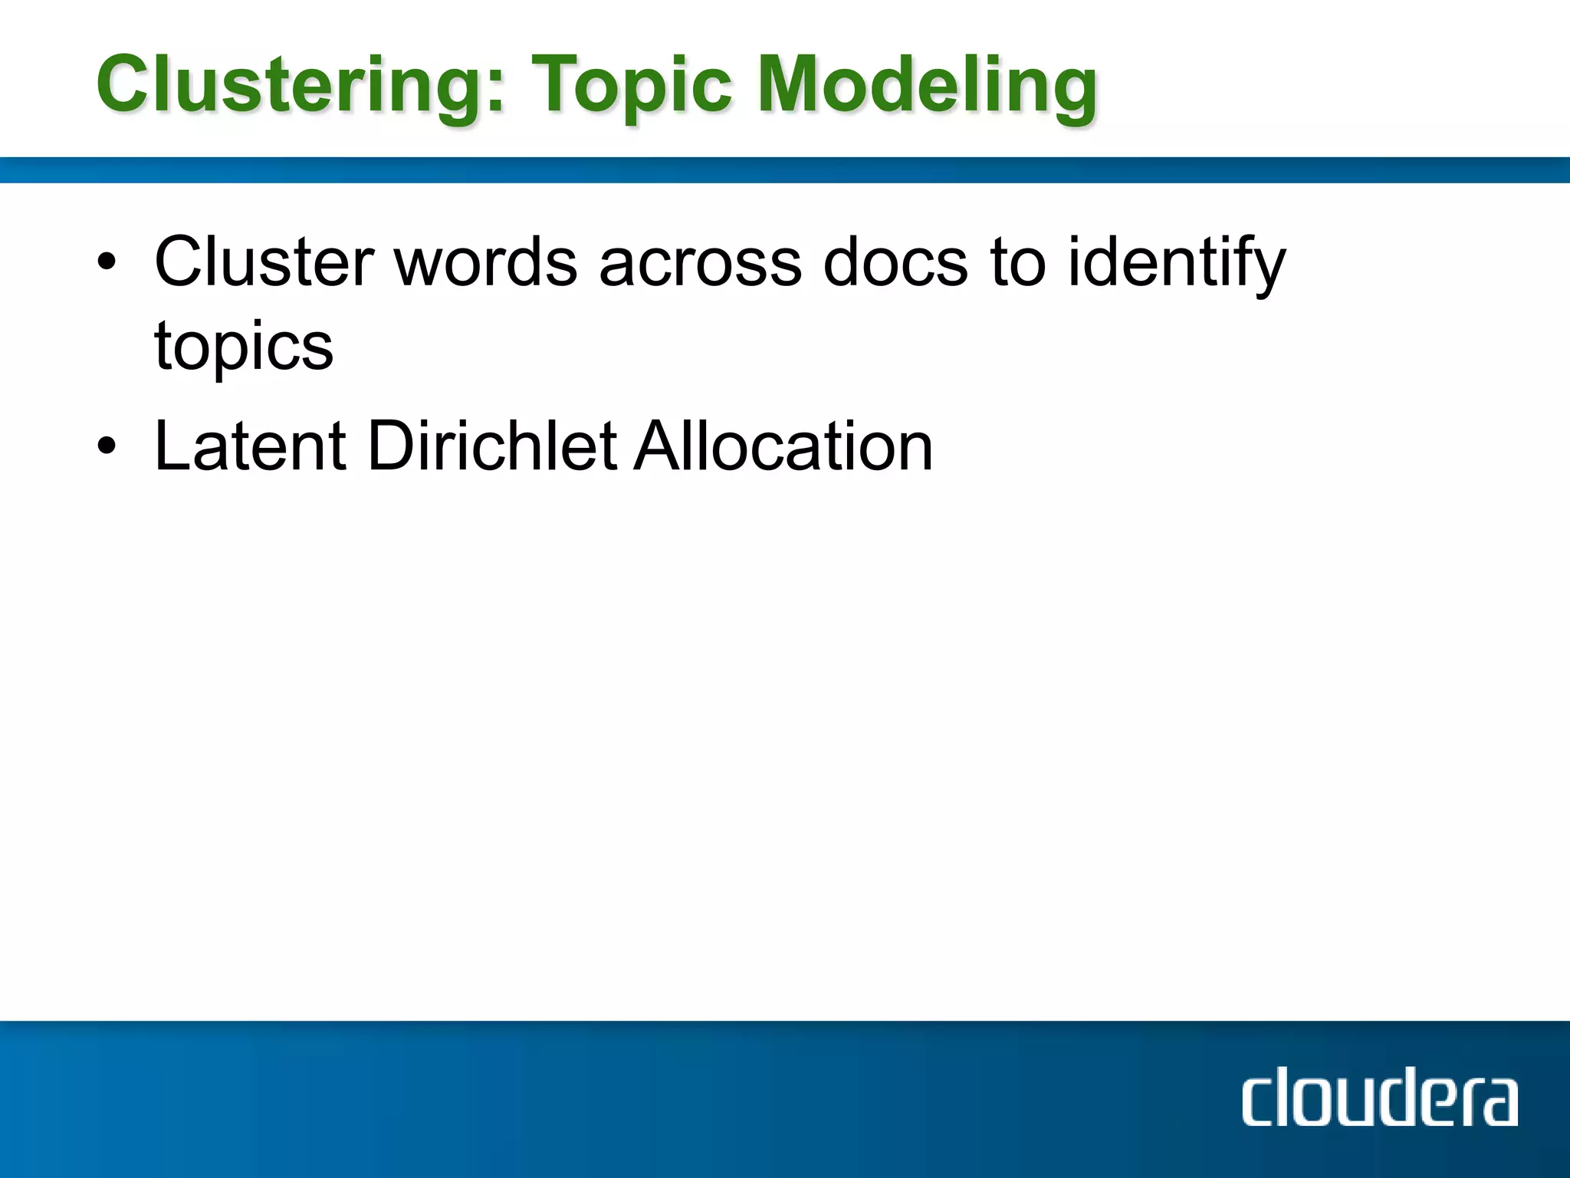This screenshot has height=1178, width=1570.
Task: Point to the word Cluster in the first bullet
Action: [x=264, y=262]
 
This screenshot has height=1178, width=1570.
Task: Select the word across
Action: [x=700, y=262]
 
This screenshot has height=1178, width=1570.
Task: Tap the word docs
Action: [x=895, y=262]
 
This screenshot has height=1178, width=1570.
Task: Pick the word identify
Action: [x=1176, y=262]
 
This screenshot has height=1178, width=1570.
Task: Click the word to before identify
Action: [x=1018, y=262]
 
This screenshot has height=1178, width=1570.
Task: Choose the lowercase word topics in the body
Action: [x=244, y=345]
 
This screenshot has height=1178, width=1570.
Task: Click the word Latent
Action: [x=250, y=446]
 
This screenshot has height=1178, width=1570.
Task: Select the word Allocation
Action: [x=783, y=446]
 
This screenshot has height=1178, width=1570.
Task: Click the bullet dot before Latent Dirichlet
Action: [x=107, y=446]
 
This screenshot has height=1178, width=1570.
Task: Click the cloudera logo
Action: [x=1379, y=1101]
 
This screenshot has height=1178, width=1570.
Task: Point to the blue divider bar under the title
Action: [x=785, y=169]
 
